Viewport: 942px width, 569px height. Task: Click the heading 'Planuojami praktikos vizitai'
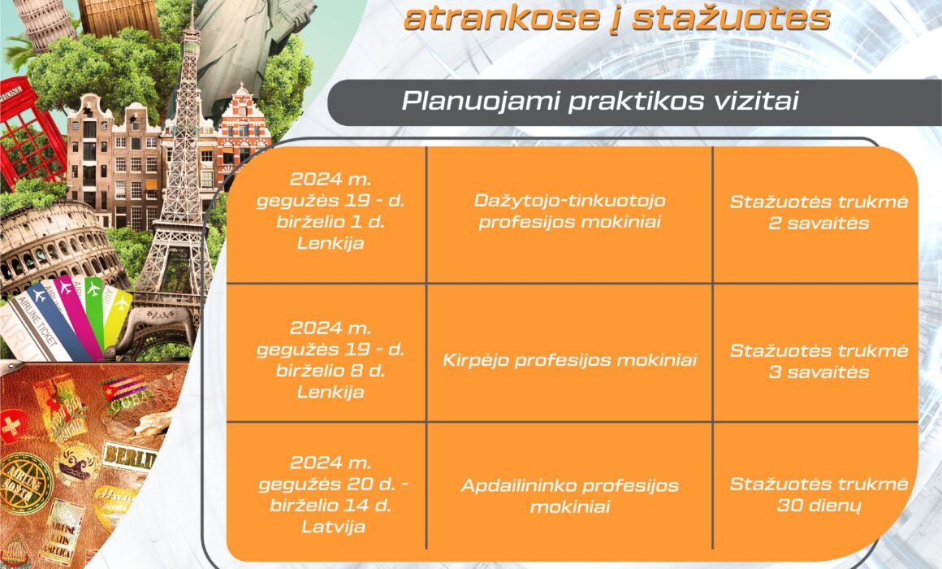(x=599, y=101)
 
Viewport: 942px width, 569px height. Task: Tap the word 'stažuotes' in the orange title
(x=731, y=18)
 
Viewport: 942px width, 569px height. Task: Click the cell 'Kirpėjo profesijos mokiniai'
(x=569, y=359)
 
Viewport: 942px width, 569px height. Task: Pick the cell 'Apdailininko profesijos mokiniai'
(x=569, y=496)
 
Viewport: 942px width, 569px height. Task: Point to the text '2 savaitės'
(x=819, y=224)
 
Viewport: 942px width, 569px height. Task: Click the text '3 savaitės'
(x=819, y=371)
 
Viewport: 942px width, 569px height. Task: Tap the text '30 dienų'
(x=819, y=506)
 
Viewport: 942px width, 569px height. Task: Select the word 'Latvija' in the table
(x=334, y=527)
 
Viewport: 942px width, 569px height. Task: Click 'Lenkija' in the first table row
(x=331, y=243)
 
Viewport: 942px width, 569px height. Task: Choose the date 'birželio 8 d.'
(x=331, y=371)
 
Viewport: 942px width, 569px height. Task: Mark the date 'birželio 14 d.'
(x=331, y=505)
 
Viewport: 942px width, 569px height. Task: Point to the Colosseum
(x=54, y=246)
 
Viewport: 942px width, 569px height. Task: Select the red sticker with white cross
(x=12, y=427)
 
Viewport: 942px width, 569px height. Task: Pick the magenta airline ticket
(x=78, y=315)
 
